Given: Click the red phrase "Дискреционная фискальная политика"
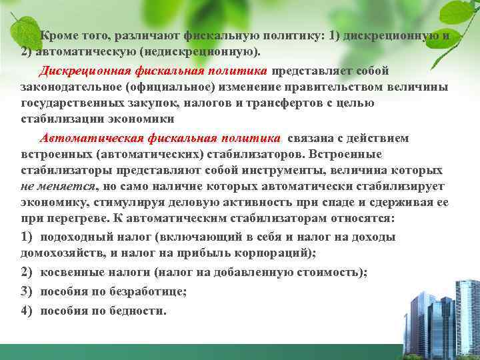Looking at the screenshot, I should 153,70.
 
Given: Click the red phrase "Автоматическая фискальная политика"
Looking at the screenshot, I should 160,138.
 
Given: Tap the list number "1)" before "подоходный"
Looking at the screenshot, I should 27,237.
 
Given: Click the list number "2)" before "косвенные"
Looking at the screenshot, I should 27,273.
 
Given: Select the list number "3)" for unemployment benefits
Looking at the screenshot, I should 27,291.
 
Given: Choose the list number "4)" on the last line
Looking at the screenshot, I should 27,311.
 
